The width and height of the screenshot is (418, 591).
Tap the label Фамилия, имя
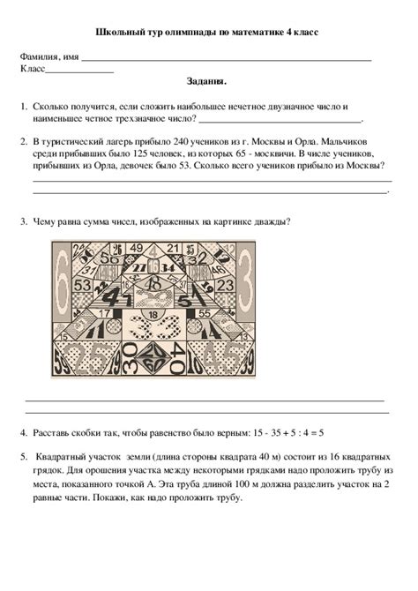pos(49,56)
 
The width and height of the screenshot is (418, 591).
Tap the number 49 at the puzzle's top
pos(136,250)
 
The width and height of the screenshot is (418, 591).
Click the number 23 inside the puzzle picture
pos(225,286)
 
